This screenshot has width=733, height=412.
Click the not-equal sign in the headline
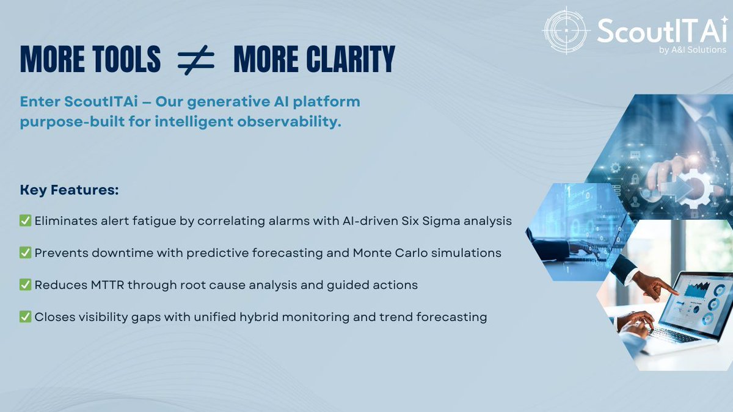[196, 60]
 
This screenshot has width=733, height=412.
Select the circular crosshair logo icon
[566, 30]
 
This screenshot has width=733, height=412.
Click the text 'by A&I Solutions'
[693, 49]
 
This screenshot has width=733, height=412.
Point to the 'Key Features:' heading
[69, 190]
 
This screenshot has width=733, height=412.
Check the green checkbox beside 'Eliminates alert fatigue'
[26, 221]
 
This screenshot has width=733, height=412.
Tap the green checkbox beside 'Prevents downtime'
[26, 253]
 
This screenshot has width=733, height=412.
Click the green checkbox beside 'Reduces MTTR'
[26, 285]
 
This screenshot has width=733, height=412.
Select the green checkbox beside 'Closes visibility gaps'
[26, 317]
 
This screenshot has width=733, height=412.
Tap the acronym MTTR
[98, 285]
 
